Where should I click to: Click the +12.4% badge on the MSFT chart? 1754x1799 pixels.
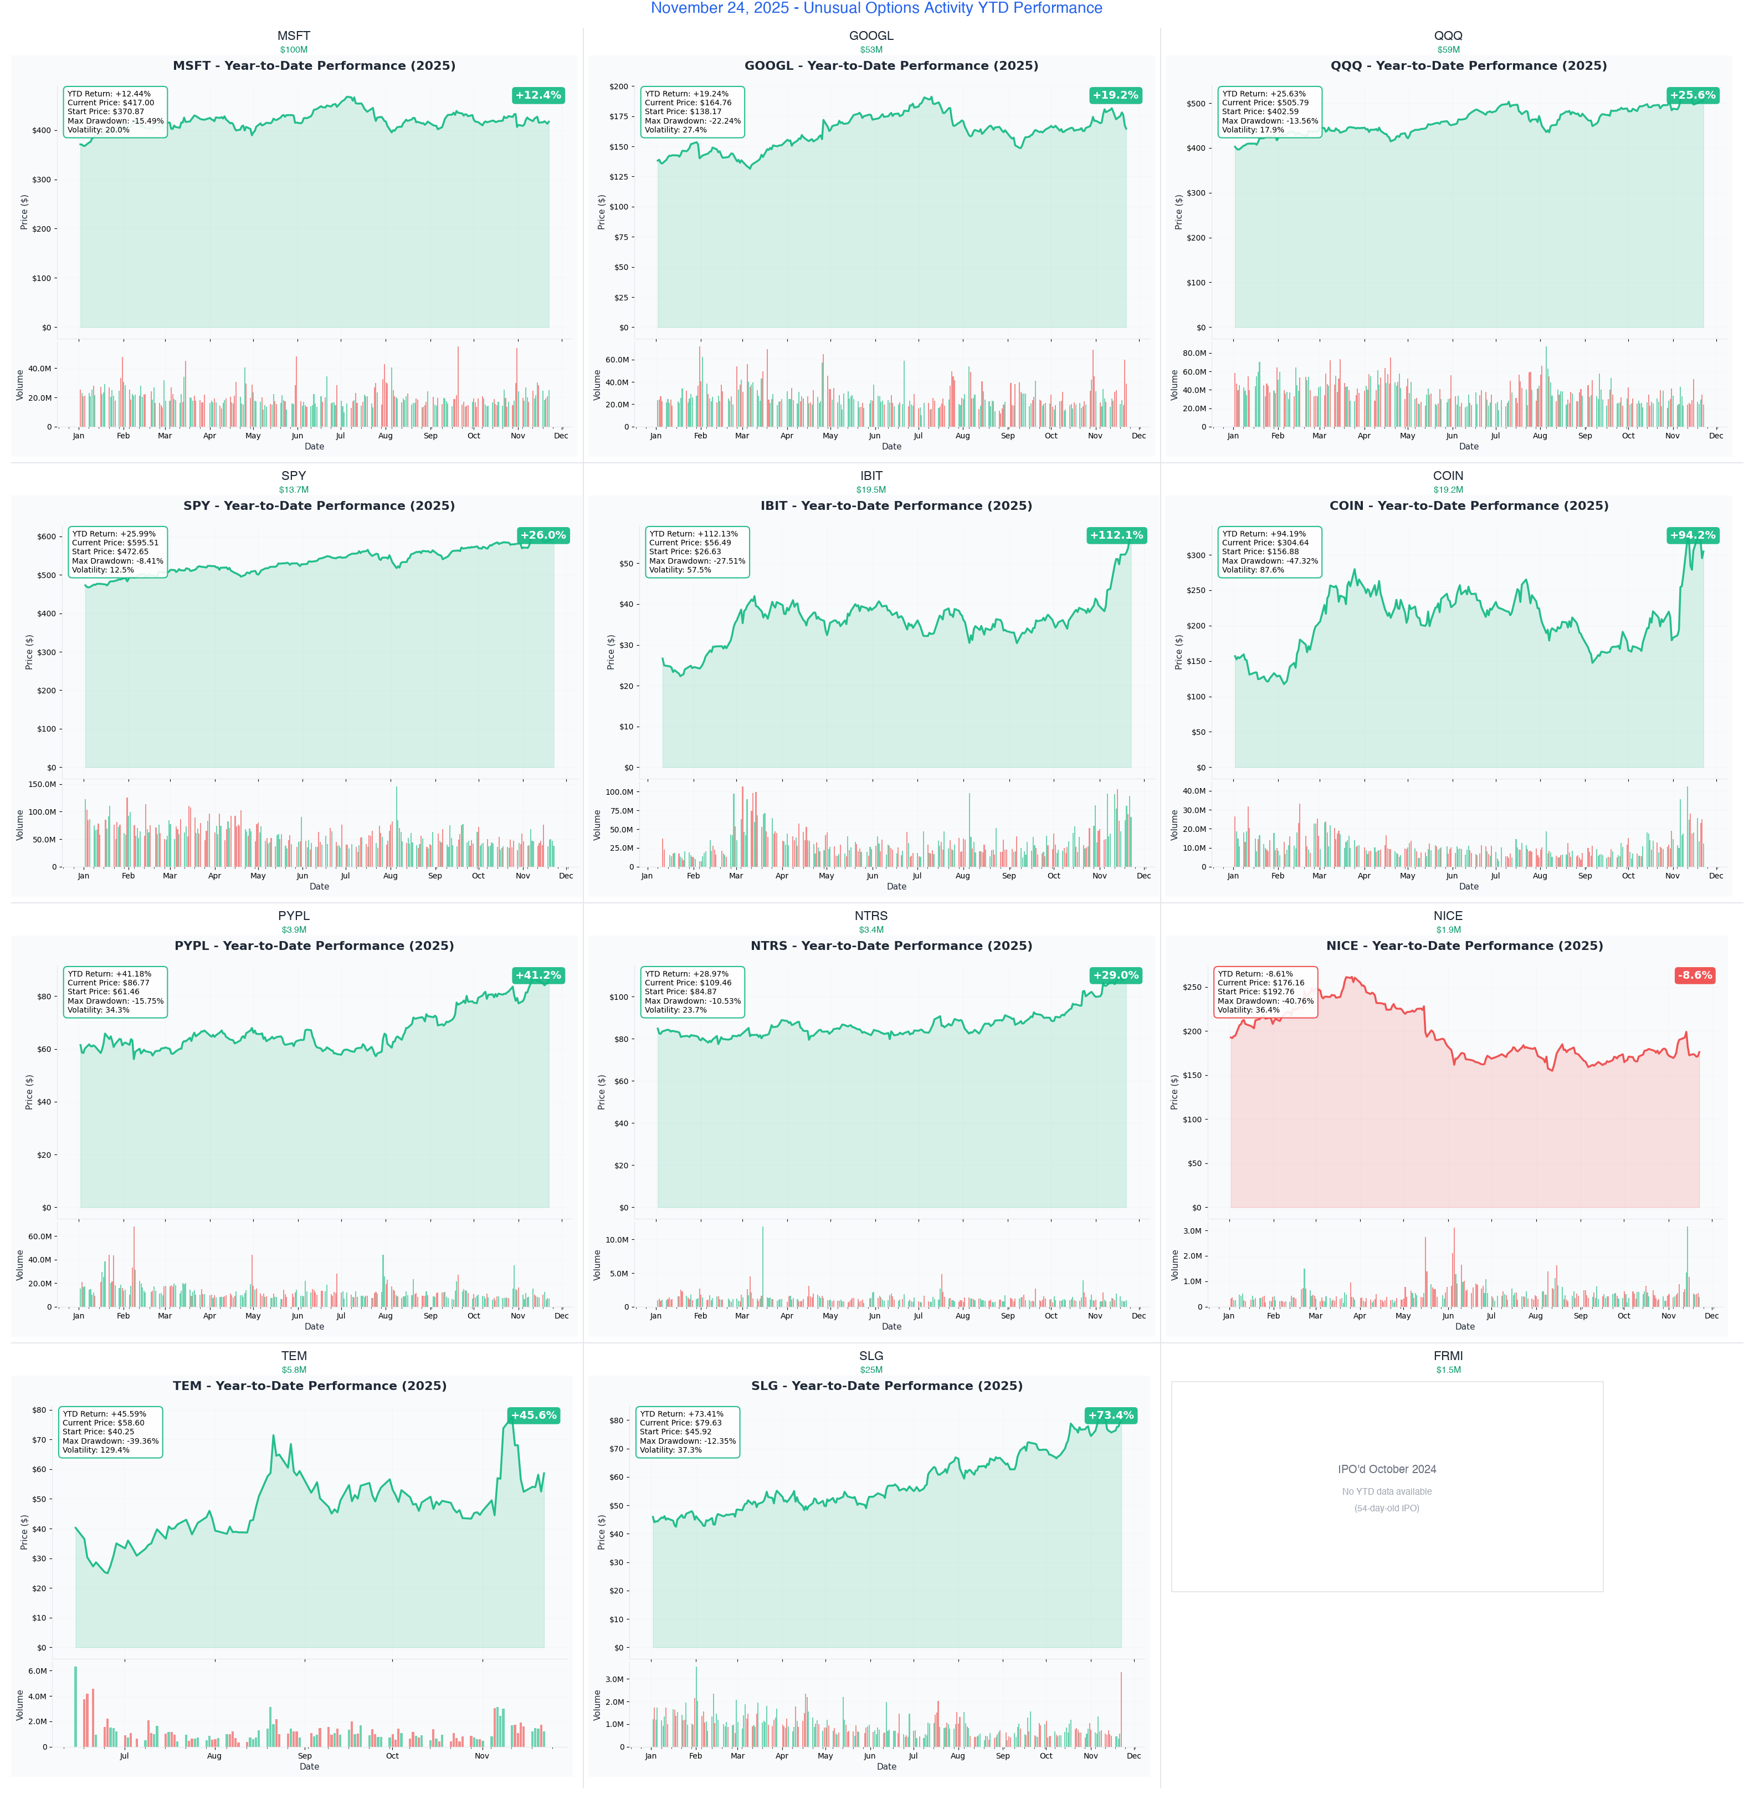click(538, 95)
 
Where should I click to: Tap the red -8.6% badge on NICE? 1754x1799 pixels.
click(1694, 975)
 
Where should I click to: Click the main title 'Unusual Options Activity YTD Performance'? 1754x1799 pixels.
click(876, 8)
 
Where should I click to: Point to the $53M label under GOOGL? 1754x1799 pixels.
click(870, 50)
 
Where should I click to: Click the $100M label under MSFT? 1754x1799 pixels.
click(294, 50)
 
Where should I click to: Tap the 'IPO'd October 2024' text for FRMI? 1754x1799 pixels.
click(1387, 1469)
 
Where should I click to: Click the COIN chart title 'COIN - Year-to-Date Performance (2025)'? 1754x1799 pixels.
click(1469, 506)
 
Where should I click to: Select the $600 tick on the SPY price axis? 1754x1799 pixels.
click(47, 536)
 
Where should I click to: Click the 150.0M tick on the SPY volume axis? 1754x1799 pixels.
click(42, 784)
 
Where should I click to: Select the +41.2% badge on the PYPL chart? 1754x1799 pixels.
click(538, 975)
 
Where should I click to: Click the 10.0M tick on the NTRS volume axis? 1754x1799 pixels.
click(616, 1240)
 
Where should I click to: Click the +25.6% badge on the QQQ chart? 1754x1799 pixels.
click(1693, 95)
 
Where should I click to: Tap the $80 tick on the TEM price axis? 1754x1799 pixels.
click(40, 1410)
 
